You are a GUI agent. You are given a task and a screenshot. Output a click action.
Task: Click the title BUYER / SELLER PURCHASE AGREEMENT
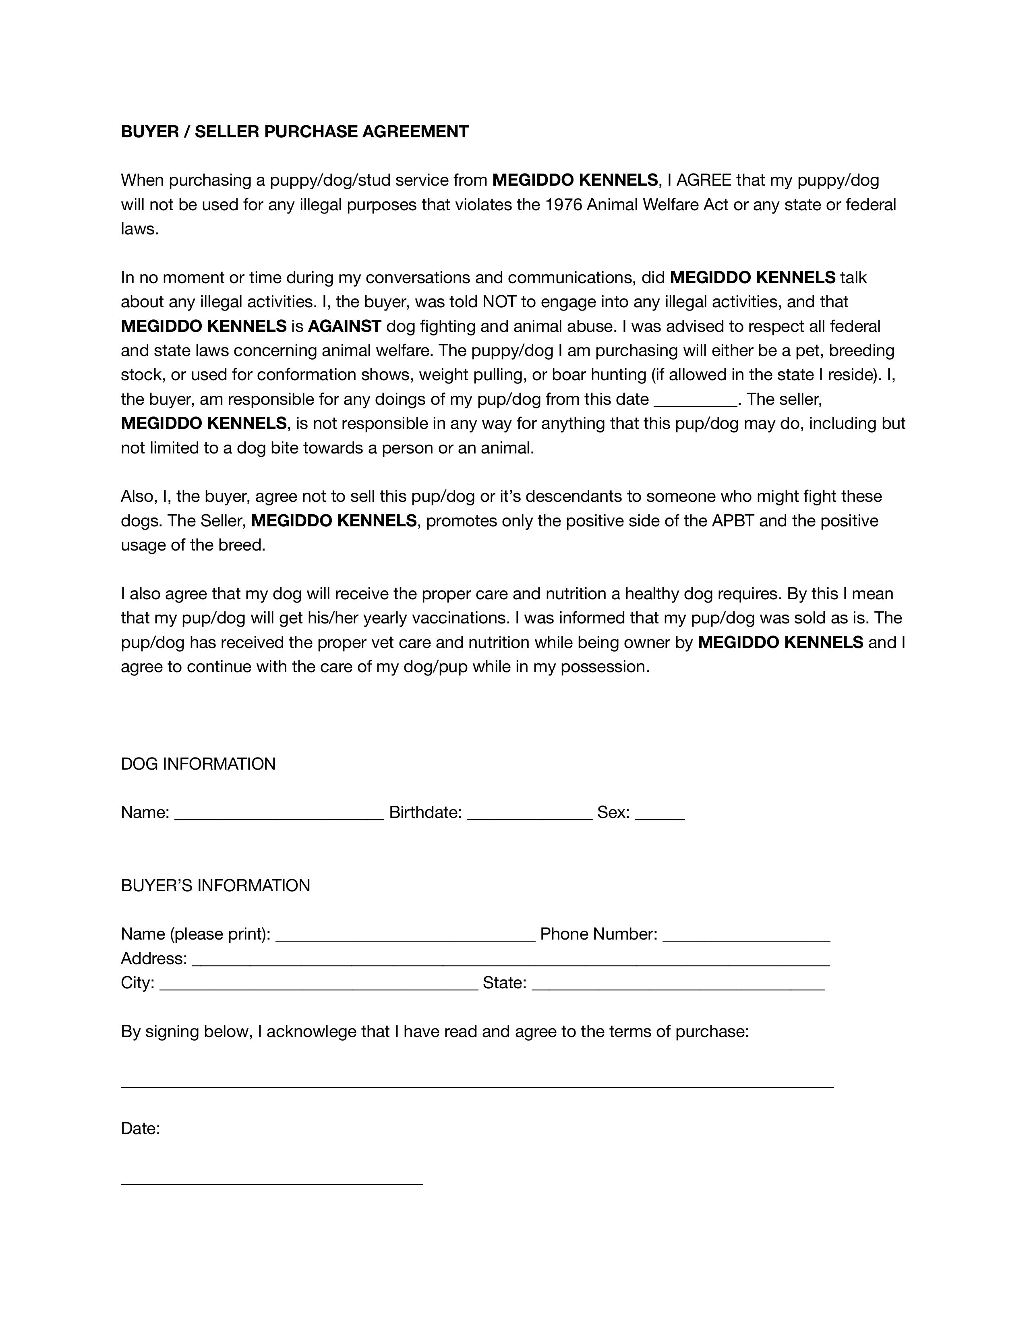point(294,131)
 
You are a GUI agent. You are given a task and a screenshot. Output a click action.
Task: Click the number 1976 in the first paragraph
point(563,205)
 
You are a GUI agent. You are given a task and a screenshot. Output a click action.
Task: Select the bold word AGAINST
point(344,326)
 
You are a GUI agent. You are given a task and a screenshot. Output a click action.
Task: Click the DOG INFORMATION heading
point(198,764)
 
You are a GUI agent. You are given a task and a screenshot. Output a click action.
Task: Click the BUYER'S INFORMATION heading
point(215,885)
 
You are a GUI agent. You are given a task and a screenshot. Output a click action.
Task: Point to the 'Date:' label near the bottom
point(141,1129)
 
